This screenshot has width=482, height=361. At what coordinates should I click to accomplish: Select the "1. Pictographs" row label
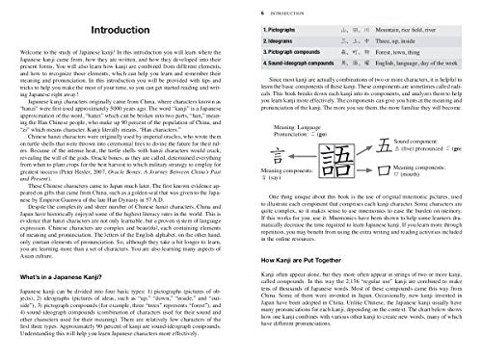[281, 31]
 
